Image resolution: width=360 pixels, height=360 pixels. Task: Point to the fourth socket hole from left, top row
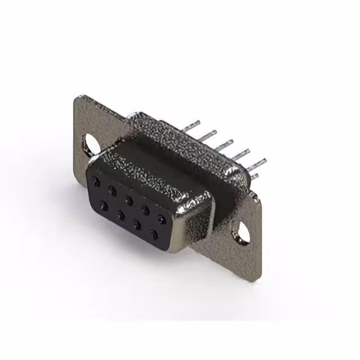tap(146, 209)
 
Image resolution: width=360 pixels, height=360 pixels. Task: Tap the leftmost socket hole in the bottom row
tap(105, 205)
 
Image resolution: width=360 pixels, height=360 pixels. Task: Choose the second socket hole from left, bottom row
tap(120, 214)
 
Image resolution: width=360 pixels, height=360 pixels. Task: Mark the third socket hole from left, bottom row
tap(137, 223)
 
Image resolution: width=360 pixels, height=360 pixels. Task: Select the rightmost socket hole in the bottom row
tap(153, 232)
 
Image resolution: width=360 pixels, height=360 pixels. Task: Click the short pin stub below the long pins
tap(254, 177)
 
